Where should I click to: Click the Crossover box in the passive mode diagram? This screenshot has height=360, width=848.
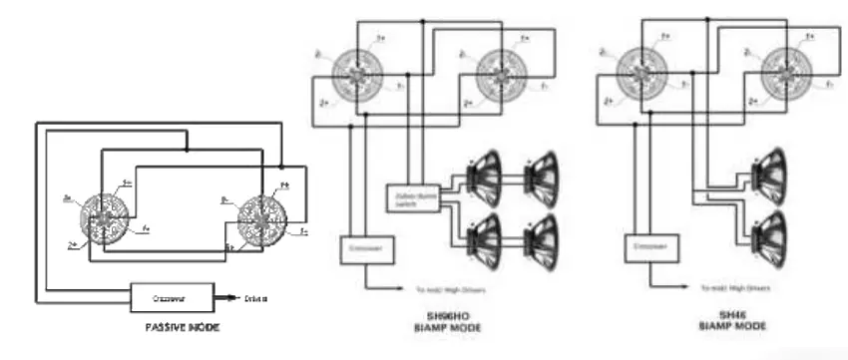click(x=173, y=297)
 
